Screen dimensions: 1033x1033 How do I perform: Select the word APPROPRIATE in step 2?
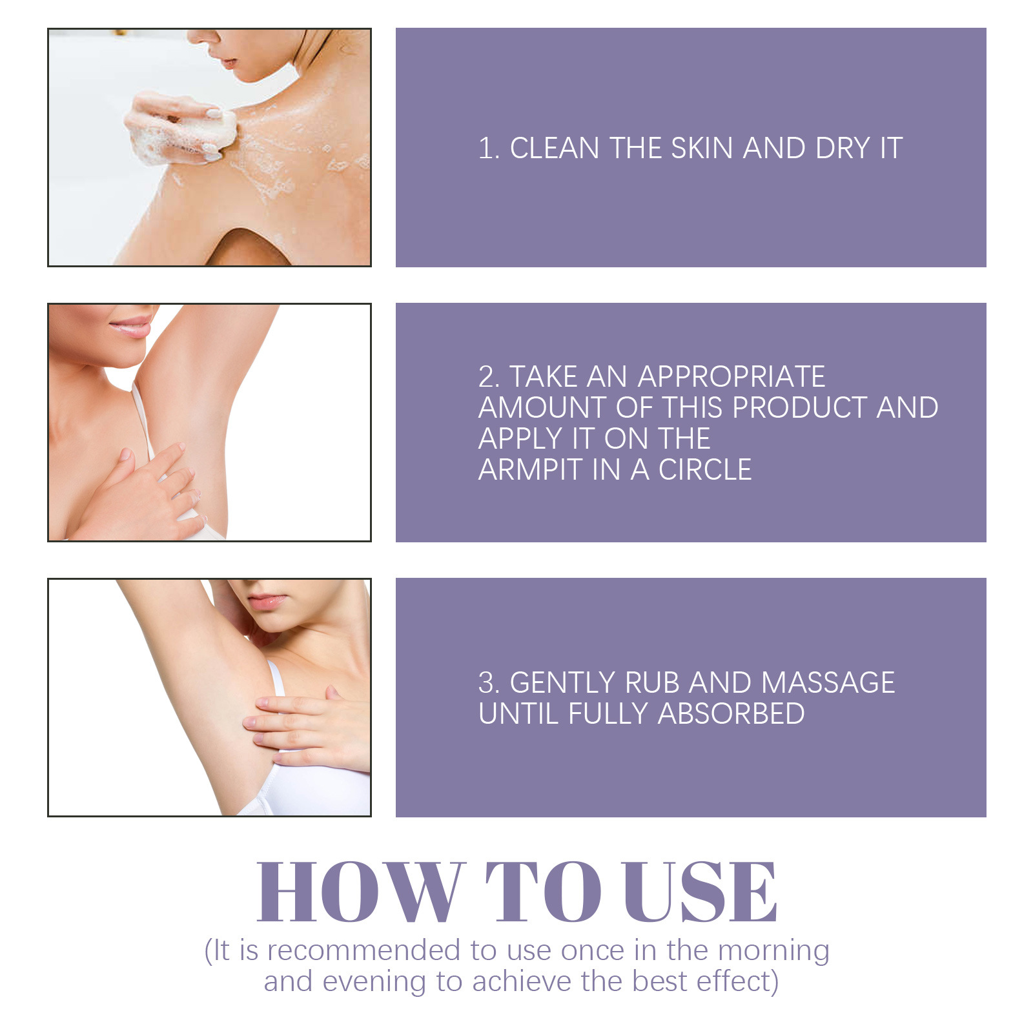(x=731, y=376)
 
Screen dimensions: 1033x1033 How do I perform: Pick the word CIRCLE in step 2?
(x=705, y=469)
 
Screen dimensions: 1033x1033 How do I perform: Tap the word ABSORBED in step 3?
(x=731, y=713)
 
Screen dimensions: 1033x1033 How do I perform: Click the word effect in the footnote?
(x=733, y=981)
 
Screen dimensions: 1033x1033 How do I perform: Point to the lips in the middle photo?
(x=132, y=328)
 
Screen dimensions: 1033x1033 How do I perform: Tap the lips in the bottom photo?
(x=266, y=602)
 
